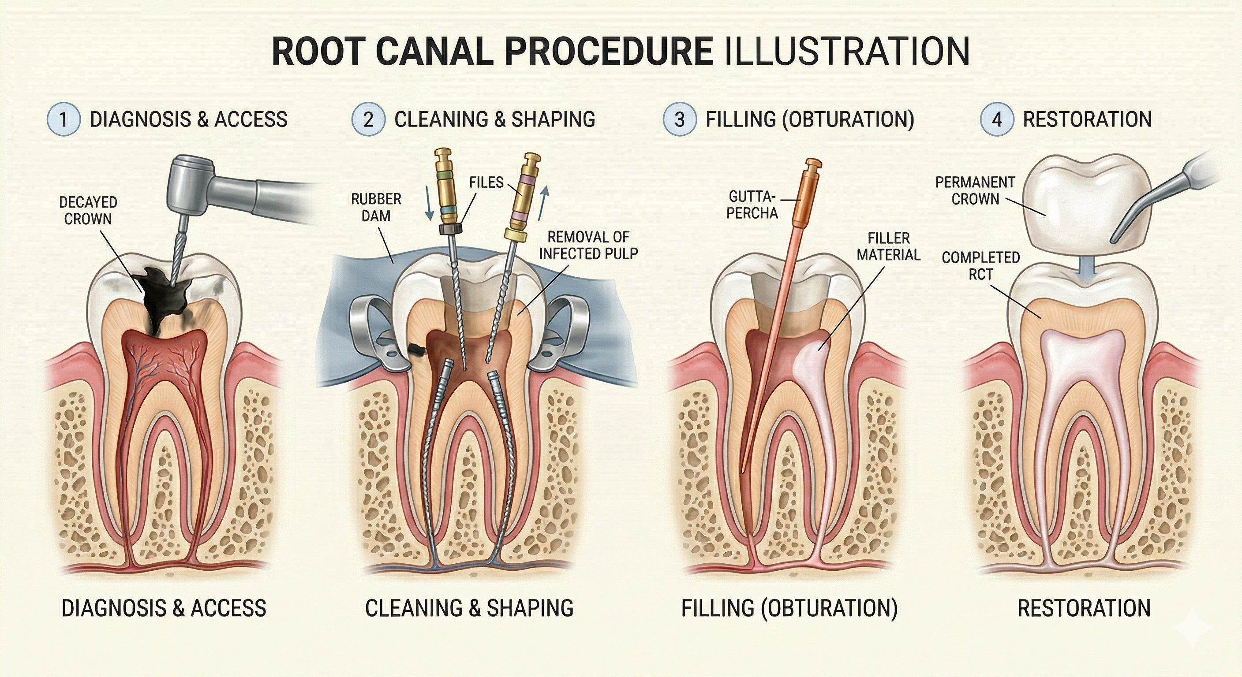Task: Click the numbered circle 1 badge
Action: (x=63, y=119)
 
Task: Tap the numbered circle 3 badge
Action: (x=679, y=119)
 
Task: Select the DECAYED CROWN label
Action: (x=88, y=211)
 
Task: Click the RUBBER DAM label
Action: (x=376, y=207)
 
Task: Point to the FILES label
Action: (x=486, y=182)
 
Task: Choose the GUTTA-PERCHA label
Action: (x=752, y=205)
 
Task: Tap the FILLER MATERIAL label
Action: (x=888, y=246)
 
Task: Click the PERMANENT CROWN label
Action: (x=975, y=191)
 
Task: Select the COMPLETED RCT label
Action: (x=981, y=266)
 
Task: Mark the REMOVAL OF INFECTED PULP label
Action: (x=588, y=245)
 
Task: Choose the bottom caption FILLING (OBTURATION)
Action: (x=789, y=608)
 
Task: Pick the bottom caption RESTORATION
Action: (x=1084, y=608)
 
